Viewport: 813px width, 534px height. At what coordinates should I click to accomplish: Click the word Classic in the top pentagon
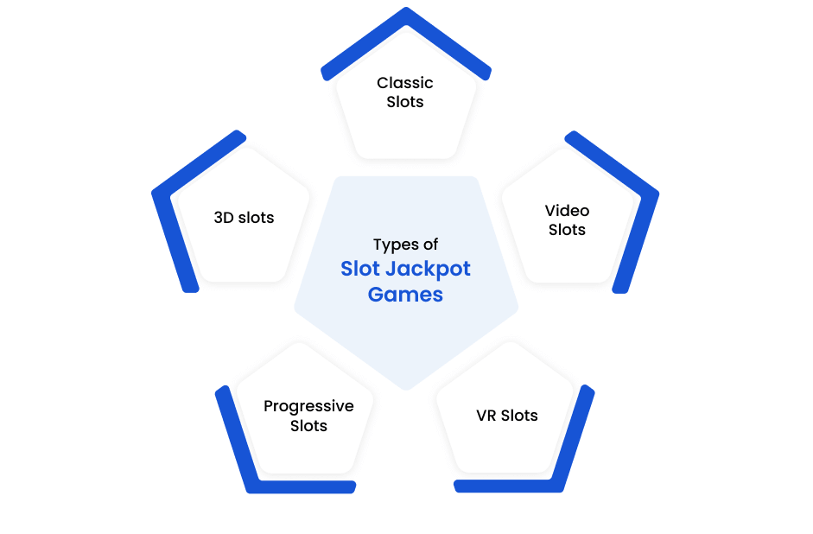405,83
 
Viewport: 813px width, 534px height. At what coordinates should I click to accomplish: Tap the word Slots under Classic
405,102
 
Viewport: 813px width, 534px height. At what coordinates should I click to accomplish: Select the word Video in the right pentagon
568,211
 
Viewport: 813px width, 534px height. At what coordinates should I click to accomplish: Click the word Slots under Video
568,230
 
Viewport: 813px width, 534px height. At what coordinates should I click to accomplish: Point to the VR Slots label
507,416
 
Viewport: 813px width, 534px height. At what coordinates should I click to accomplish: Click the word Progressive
308,406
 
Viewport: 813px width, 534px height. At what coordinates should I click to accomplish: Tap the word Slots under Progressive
308,426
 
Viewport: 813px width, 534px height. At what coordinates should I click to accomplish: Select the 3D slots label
244,217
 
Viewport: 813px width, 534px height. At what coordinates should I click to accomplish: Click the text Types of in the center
405,245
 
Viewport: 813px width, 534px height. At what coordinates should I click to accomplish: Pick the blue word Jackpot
429,269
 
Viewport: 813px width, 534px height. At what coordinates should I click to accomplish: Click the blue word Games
405,295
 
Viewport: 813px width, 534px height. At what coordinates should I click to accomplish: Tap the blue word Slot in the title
360,269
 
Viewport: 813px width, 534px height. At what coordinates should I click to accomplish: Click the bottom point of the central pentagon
406,390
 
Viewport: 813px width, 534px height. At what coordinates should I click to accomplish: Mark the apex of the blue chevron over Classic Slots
406,8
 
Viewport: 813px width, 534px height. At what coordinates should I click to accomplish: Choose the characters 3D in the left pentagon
224,217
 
